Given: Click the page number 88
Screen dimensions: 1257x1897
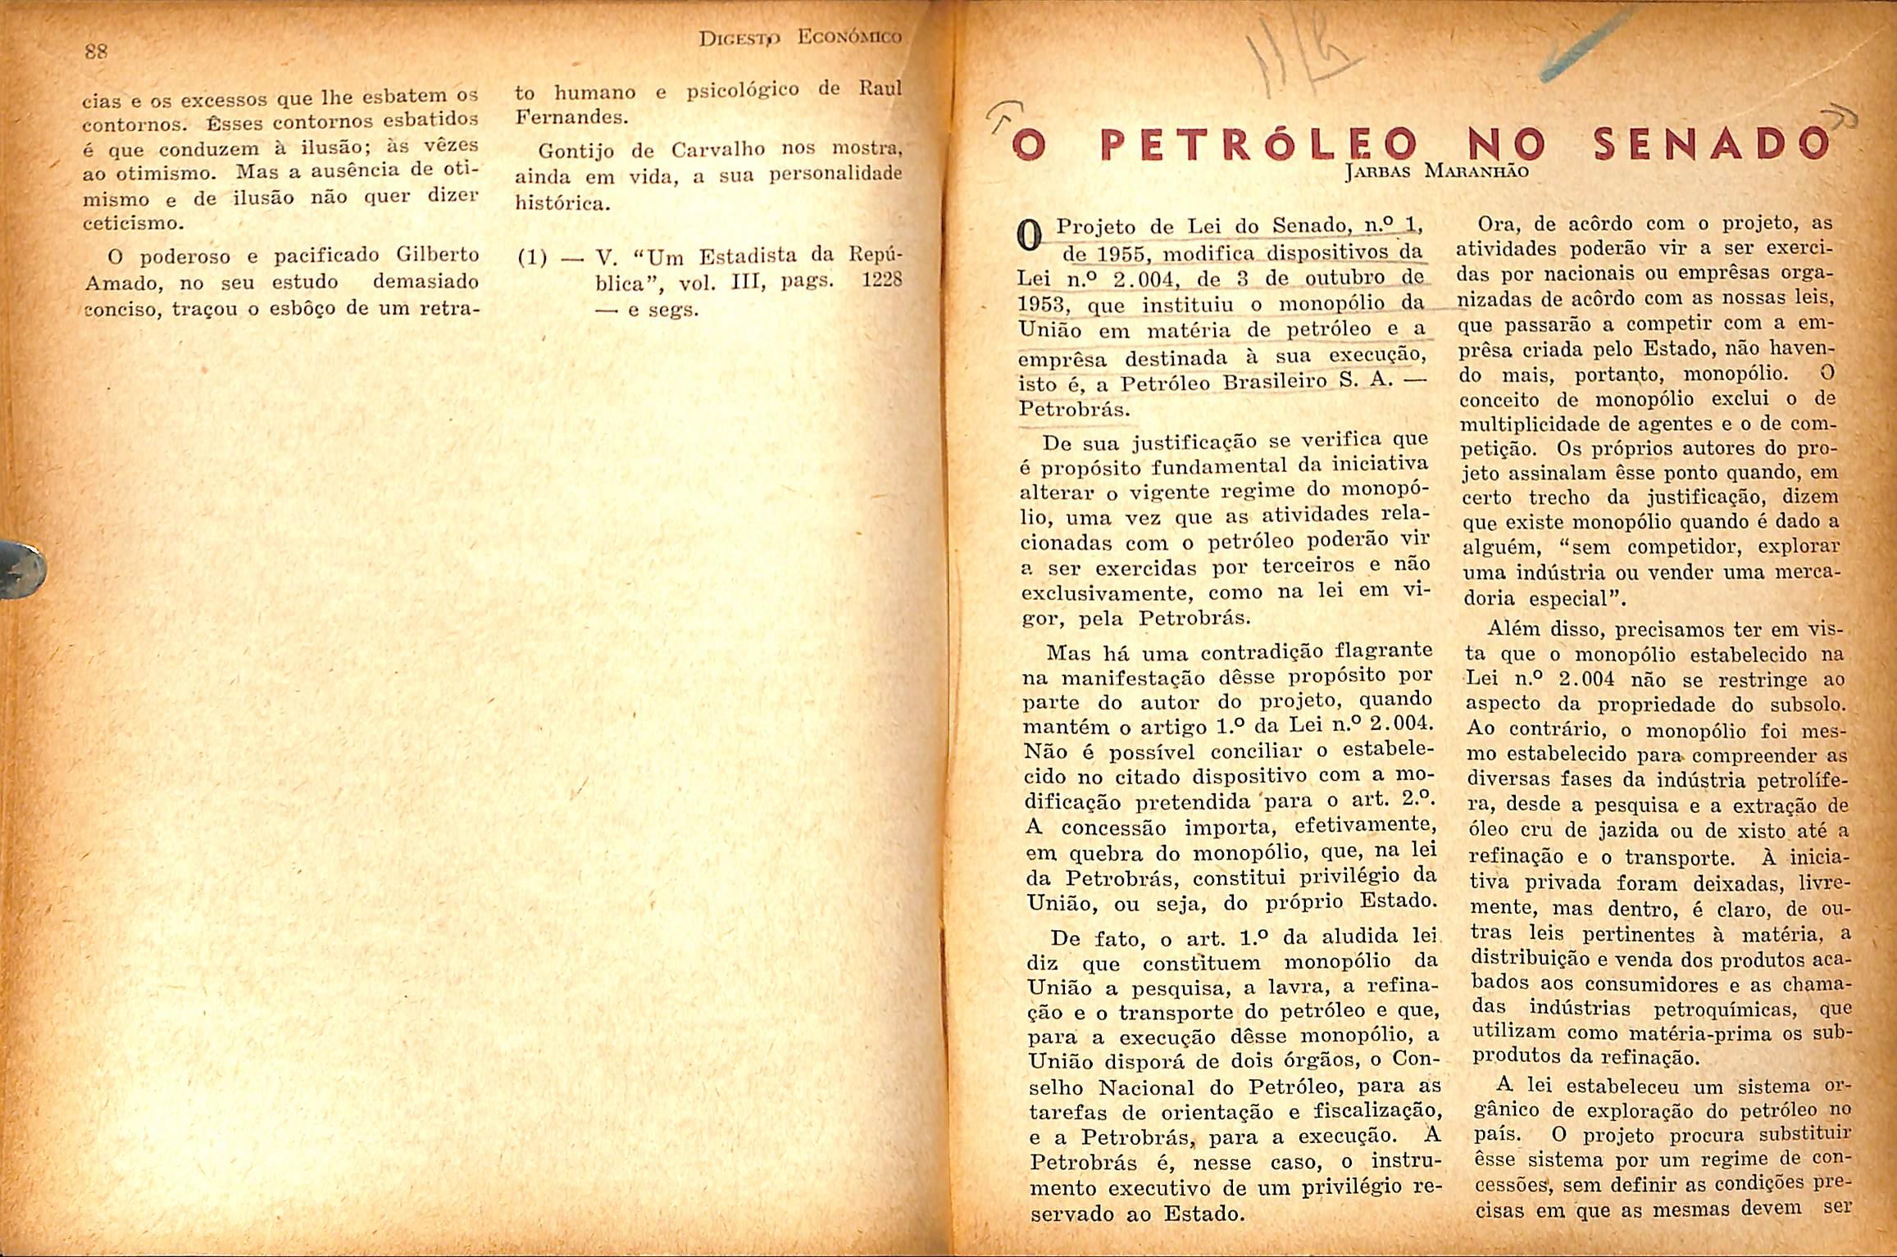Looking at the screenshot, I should coord(97,52).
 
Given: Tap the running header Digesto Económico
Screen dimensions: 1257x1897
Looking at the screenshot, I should coord(799,38).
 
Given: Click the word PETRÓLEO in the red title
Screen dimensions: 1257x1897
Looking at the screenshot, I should coord(1254,147).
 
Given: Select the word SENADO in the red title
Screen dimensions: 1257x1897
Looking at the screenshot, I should coord(1713,145).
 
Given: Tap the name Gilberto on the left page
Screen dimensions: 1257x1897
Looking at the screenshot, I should coord(437,253).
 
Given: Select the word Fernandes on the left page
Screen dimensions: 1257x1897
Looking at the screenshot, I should coord(571,117).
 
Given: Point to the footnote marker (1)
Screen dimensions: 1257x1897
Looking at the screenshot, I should coord(533,258).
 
